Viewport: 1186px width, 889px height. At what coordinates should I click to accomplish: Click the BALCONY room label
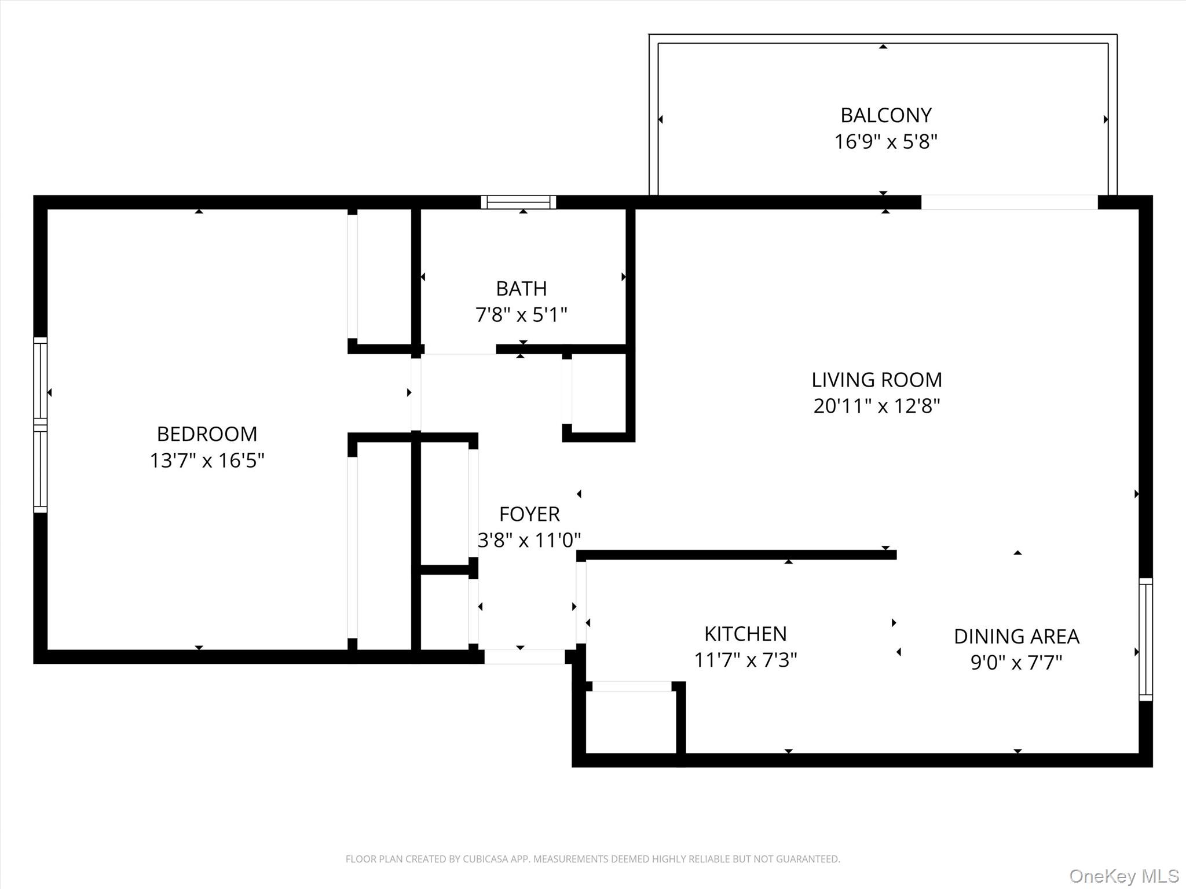point(885,115)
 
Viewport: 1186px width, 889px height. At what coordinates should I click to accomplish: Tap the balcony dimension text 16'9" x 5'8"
point(885,142)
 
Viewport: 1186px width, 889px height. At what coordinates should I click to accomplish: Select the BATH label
point(521,288)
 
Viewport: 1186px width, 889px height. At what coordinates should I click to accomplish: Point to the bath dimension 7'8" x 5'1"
point(521,315)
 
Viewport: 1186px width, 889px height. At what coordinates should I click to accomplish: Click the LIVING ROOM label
point(876,380)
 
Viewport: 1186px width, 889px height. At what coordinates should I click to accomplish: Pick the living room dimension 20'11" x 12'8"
point(876,406)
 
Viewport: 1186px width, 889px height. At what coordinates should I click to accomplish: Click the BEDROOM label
point(207,434)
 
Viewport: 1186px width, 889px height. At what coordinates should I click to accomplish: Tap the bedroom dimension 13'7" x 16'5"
point(207,461)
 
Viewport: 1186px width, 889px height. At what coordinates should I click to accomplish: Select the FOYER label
point(529,514)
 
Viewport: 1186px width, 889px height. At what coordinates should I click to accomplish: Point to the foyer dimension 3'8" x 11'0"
point(529,541)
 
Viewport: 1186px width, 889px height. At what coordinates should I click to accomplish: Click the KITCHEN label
point(745,634)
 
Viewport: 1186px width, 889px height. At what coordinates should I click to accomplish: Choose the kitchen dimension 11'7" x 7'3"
point(745,660)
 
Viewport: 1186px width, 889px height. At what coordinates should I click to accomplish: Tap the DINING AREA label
point(1016,636)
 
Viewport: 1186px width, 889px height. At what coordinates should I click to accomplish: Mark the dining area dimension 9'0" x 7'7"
point(1016,663)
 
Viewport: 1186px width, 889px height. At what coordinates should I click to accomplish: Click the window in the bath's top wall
point(518,202)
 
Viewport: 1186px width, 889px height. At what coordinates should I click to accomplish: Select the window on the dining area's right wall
point(1145,639)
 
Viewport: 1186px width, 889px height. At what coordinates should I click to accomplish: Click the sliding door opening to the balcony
point(1009,202)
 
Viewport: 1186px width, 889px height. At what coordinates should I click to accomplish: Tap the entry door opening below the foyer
point(524,656)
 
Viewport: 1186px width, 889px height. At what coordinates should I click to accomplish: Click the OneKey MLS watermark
point(1123,876)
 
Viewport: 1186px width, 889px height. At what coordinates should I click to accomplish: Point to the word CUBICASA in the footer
point(485,859)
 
